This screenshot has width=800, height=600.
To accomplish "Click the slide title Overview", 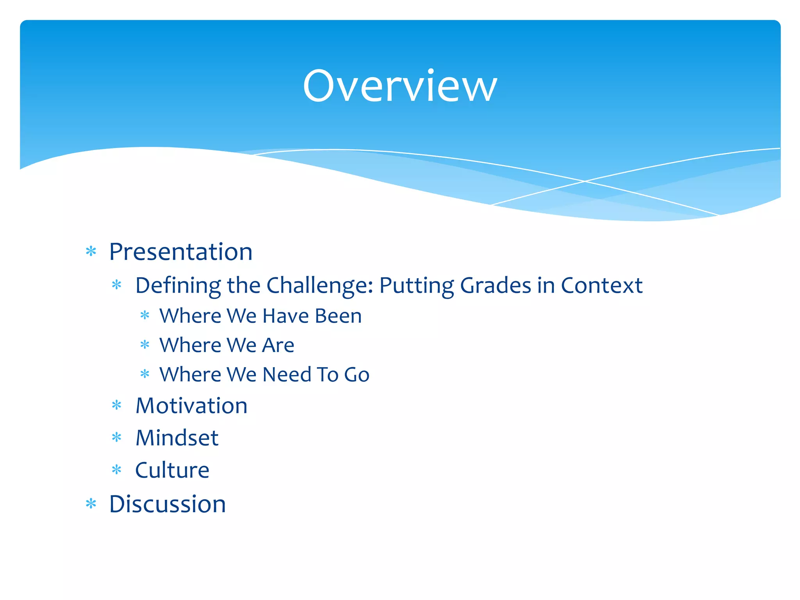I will tap(400, 86).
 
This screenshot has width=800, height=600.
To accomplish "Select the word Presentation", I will tap(180, 252).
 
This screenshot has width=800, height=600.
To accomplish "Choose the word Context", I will tap(602, 285).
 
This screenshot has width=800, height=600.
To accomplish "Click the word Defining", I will tap(178, 286).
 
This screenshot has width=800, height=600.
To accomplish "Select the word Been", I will tap(338, 316).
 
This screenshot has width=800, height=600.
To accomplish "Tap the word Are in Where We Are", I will tap(278, 345).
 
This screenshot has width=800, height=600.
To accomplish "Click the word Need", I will tap(287, 375).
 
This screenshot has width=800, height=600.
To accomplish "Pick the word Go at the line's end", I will tap(356, 375).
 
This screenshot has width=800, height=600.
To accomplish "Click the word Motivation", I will tap(191, 406).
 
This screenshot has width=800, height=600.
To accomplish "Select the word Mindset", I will tap(177, 438).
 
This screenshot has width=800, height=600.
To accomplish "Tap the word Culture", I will tap(172, 470).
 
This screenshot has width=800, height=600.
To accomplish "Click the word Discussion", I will tap(168, 504).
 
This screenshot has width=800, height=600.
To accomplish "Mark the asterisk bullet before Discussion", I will tap(91, 504).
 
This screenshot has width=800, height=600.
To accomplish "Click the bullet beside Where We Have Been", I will tap(145, 315).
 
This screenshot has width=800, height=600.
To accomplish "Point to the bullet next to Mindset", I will tap(117, 437).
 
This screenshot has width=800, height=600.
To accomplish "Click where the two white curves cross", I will tap(585, 181).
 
